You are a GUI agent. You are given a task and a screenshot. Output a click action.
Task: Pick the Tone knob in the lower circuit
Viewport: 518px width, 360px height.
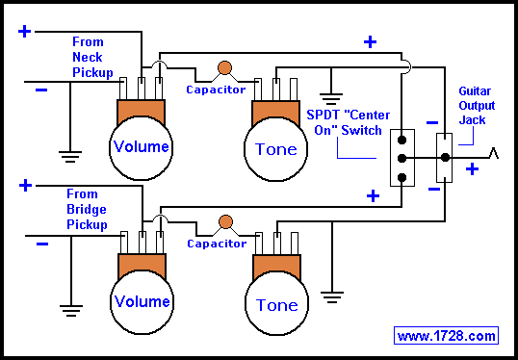point(277,303)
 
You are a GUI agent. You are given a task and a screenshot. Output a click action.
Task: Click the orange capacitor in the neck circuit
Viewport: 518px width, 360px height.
point(224,67)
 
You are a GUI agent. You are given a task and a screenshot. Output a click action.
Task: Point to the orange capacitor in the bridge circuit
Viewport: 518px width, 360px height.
point(225,222)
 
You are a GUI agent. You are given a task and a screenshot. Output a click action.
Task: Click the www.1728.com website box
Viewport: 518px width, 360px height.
point(447,336)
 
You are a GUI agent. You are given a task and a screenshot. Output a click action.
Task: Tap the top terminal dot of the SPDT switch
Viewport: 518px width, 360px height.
point(401,140)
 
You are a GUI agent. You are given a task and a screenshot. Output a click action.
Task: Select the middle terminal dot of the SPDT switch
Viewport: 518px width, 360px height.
point(401,159)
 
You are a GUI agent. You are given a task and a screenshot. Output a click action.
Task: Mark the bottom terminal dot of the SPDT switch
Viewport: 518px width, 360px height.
point(401,178)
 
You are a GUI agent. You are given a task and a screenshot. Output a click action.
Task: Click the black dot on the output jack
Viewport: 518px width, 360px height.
point(446,158)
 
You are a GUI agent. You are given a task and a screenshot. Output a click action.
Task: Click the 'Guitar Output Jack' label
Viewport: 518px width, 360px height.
point(477,105)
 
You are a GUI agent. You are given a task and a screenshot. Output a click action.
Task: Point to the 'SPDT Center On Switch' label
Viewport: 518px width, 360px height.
point(349,122)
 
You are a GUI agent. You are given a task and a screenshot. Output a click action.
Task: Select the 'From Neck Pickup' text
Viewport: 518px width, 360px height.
point(92,57)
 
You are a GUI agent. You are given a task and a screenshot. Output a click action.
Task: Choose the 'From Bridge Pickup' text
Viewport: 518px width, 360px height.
point(87,209)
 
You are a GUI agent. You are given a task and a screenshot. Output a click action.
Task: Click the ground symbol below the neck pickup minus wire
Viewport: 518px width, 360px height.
point(70,157)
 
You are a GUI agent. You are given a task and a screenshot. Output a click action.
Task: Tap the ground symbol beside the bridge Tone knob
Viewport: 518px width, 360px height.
point(332,297)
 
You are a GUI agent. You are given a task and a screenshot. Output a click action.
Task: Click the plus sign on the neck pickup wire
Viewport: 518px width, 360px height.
point(24,32)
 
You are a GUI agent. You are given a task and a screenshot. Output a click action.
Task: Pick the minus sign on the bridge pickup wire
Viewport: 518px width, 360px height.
point(42,244)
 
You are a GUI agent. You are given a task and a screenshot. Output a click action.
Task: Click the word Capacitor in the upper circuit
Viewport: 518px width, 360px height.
point(216,90)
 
